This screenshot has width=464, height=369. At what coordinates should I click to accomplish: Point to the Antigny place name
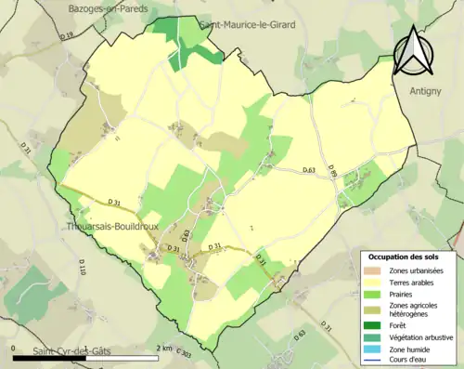[x=426, y=90]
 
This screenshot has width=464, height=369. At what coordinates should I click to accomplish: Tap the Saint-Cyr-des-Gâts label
[x=73, y=350]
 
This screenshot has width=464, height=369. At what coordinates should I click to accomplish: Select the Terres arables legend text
[x=412, y=282]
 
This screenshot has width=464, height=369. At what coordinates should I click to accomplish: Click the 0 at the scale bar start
[x=14, y=348]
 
